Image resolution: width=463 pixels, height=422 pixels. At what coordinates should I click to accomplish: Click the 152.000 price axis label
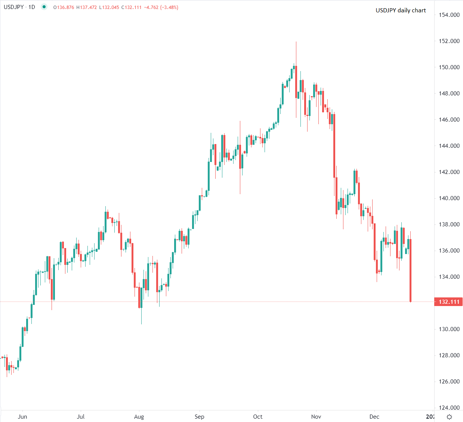(449, 41)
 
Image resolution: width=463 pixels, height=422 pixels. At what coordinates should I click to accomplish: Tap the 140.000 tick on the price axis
(449, 198)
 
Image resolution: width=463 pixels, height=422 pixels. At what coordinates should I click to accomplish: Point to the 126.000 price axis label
(449, 382)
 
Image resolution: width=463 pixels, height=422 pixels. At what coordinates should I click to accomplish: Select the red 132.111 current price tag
(449, 302)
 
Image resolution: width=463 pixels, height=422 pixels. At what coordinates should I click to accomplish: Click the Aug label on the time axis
(139, 417)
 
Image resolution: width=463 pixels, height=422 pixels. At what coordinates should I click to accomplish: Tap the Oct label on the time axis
(258, 417)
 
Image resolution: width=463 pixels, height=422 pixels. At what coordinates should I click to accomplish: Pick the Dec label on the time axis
(374, 417)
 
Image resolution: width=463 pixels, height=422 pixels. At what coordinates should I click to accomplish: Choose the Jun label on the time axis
(22, 417)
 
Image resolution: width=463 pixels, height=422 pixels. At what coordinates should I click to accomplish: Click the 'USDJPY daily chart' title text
(401, 10)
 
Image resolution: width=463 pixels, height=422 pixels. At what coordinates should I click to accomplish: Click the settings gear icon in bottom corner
(450, 417)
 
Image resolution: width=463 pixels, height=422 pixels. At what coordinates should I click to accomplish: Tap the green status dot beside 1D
(44, 7)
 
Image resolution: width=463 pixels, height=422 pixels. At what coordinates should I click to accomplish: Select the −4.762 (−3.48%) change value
(161, 7)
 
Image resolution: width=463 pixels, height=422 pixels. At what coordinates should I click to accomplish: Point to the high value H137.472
(86, 7)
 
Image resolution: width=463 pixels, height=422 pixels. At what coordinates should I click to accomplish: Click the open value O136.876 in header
(64, 7)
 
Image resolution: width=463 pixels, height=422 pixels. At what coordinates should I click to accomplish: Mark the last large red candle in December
(410, 270)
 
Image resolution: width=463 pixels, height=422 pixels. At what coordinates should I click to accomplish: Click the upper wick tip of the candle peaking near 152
(296, 42)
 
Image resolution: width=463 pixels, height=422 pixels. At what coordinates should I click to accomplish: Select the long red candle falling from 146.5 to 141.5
(334, 146)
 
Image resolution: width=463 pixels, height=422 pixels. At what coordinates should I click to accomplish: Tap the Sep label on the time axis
(200, 417)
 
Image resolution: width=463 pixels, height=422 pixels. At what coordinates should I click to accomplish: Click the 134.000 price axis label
(449, 277)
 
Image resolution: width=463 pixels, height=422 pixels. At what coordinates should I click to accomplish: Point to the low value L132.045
(109, 7)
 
